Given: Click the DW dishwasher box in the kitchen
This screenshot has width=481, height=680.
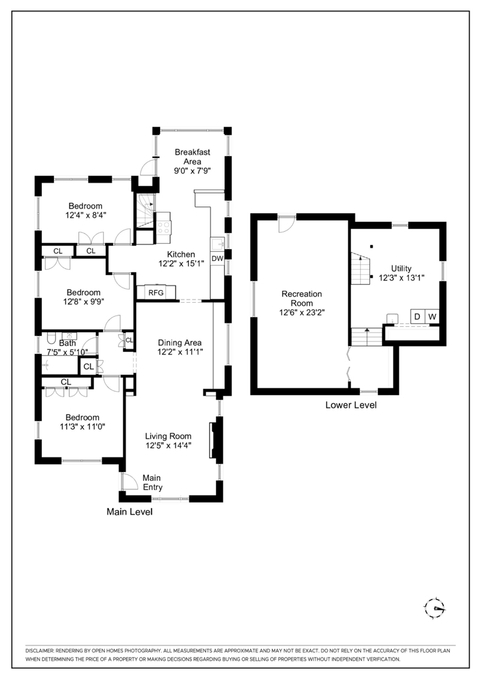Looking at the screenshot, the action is (x=217, y=258).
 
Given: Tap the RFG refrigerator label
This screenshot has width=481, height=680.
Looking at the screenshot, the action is (x=156, y=293).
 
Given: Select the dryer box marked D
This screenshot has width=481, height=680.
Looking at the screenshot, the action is (x=417, y=317).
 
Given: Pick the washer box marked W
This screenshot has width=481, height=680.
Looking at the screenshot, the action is (x=432, y=317).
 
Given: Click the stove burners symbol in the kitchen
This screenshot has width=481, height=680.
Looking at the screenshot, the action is (x=164, y=227).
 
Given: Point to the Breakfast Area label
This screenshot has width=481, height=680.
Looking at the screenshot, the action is (x=192, y=157).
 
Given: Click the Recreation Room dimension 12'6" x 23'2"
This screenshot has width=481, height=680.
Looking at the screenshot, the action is (x=302, y=312).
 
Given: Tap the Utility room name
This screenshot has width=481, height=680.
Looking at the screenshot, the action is (x=401, y=268).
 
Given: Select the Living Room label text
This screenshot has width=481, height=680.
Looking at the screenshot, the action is (x=168, y=436).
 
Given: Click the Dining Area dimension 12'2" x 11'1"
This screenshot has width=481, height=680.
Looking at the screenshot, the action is (x=180, y=352).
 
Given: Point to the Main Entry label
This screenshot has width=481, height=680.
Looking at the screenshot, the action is (x=152, y=482).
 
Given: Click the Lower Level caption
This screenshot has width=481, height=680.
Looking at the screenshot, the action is (x=351, y=405).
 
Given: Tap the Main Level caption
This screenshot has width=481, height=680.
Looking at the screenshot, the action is (x=130, y=512).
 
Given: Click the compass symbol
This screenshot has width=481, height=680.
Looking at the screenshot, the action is (x=434, y=608).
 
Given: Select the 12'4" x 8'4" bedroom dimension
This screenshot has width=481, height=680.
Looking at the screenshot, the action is (x=86, y=214).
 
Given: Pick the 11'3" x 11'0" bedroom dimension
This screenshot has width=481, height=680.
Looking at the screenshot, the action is (x=82, y=427).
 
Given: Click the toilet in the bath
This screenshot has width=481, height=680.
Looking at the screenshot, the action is (x=50, y=338).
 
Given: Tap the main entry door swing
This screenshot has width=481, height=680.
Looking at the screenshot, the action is (x=129, y=481).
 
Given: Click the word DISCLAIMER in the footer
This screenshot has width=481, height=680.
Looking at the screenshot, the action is (x=39, y=651).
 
